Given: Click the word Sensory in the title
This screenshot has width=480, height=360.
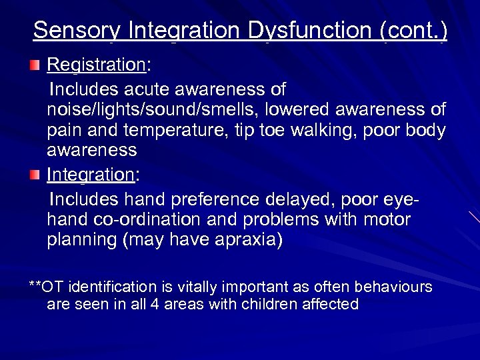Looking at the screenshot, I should pos(75,31).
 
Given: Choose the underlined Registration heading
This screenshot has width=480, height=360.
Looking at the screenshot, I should pos(96,65).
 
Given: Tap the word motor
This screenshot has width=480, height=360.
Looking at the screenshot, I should pos(388,219).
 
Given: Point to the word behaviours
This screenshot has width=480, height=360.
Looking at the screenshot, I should pos(395,287).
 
